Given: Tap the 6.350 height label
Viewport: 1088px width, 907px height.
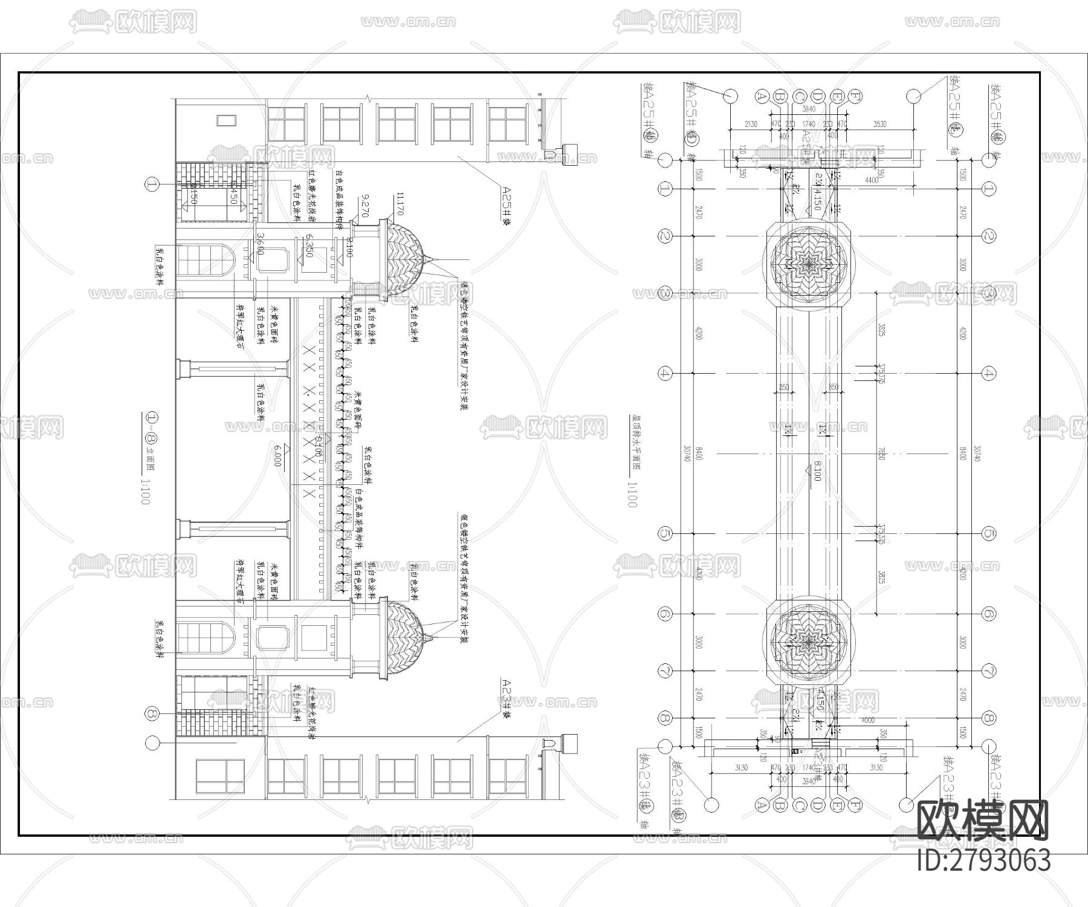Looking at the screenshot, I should pos(309,245).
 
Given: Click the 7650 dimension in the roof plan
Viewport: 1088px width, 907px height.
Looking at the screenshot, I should pos(881,453).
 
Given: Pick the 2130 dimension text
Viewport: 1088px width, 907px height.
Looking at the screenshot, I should pos(750,124).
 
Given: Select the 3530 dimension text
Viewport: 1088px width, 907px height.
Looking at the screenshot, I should pos(879,124).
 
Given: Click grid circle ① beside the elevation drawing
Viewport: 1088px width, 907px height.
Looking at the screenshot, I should pos(152,185).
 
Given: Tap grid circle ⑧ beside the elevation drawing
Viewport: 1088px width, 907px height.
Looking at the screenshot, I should pos(152,714).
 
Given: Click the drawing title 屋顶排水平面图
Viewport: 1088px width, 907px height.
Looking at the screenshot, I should pos(635,442).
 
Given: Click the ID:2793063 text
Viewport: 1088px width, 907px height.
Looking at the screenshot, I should pos(983,860).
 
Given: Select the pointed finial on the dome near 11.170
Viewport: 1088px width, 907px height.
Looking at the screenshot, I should pos(429,260).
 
